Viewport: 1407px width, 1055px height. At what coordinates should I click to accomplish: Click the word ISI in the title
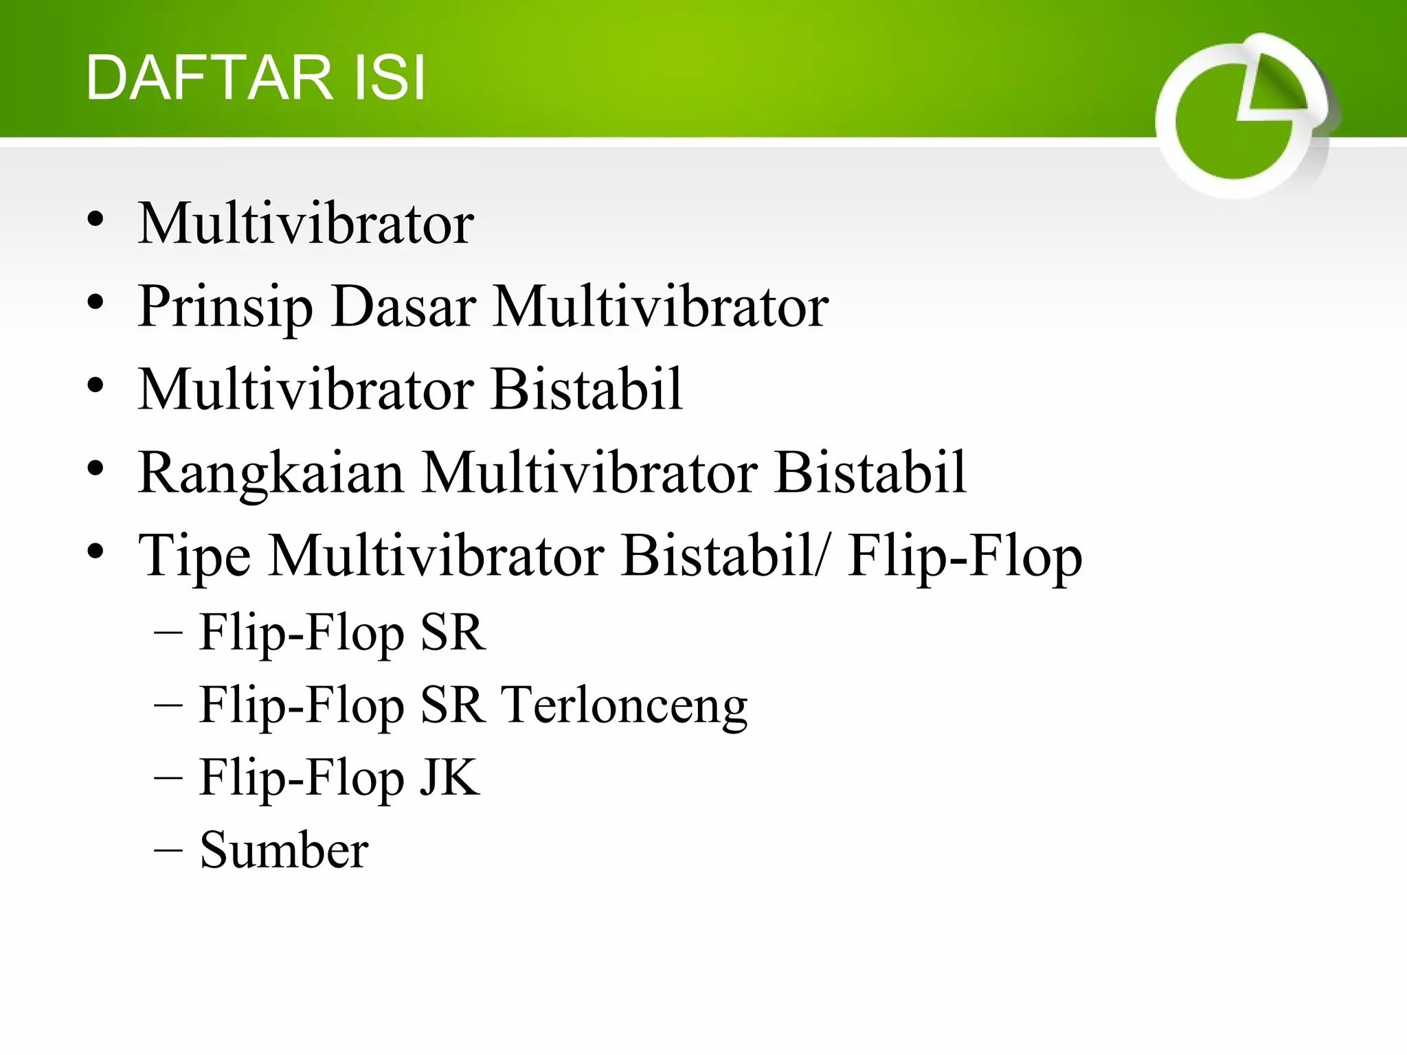coord(389,78)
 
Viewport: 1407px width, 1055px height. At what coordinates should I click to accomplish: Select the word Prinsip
coord(225,307)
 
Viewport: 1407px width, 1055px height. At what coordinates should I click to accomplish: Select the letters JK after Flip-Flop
coord(449,778)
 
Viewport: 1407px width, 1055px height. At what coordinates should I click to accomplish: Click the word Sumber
coord(284,850)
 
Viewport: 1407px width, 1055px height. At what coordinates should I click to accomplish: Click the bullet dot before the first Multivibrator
coord(95,220)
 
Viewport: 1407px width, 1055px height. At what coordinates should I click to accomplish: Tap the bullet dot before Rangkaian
coord(95,469)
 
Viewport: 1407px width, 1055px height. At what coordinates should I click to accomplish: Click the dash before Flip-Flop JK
coord(168,778)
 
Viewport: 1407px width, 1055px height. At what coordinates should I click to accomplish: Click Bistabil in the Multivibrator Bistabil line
coord(587,389)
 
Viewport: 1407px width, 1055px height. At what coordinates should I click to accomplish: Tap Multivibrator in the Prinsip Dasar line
coord(661,307)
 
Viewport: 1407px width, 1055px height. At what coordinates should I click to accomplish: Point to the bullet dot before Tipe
coord(95,552)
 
